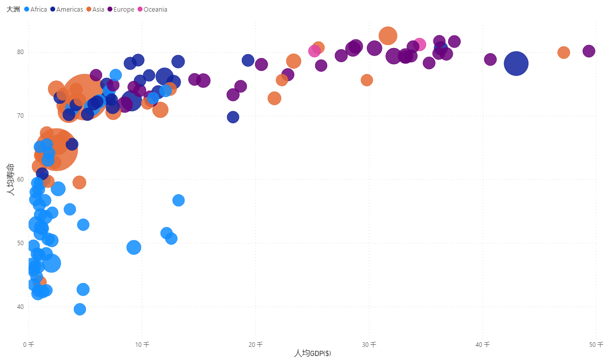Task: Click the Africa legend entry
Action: pos(38,10)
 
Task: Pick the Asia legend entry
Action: pos(98,10)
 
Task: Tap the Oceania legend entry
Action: pos(155,10)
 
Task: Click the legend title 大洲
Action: pos(13,10)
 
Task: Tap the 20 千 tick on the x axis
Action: pos(256,345)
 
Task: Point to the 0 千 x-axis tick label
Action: pos(28,345)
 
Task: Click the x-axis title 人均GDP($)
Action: pos(313,353)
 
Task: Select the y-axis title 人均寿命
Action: pos(10,179)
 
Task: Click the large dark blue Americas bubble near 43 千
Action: pos(516,63)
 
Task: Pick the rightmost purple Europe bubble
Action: pos(589,51)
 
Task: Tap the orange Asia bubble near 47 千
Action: pos(563,53)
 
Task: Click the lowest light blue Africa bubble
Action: pos(80,309)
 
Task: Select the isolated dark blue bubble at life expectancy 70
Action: pos(233,117)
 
